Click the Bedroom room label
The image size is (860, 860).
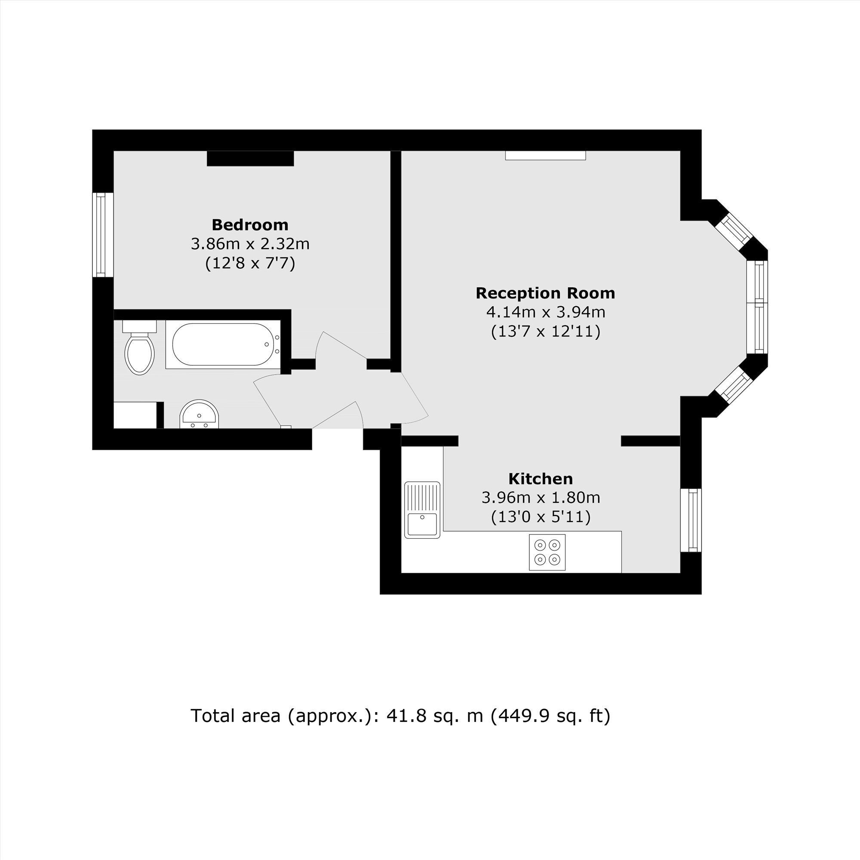(x=250, y=225)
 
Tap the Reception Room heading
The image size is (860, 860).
(x=545, y=293)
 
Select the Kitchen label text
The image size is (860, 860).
(x=541, y=479)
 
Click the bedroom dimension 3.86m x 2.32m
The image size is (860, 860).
(x=250, y=244)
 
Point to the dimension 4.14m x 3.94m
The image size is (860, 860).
(x=546, y=312)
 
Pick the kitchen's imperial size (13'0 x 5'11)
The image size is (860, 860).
(x=541, y=517)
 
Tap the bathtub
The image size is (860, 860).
(x=223, y=344)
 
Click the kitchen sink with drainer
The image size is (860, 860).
(x=422, y=510)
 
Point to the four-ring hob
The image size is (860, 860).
(x=547, y=552)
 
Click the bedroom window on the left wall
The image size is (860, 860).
(x=103, y=235)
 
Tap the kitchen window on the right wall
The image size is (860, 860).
(x=691, y=520)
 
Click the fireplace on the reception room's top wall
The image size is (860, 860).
(x=545, y=155)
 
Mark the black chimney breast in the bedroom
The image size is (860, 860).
(x=250, y=159)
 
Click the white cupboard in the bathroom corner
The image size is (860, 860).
(x=135, y=415)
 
